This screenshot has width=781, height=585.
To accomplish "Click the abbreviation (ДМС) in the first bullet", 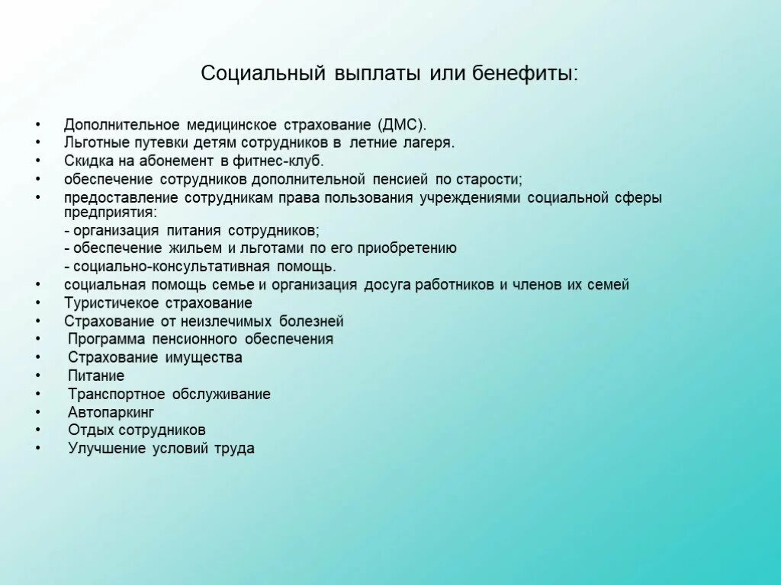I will pyautogui.click(x=401, y=124).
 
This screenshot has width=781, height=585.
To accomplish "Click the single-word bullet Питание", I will pyautogui.click(x=96, y=376).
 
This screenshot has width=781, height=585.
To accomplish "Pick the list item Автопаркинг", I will pyautogui.click(x=111, y=412).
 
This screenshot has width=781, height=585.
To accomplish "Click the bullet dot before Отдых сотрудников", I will pyautogui.click(x=38, y=430).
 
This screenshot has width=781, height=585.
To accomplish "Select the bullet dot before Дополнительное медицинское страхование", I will pyautogui.click(x=38, y=124).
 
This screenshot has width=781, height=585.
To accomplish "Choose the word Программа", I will pyautogui.click(x=106, y=339).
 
